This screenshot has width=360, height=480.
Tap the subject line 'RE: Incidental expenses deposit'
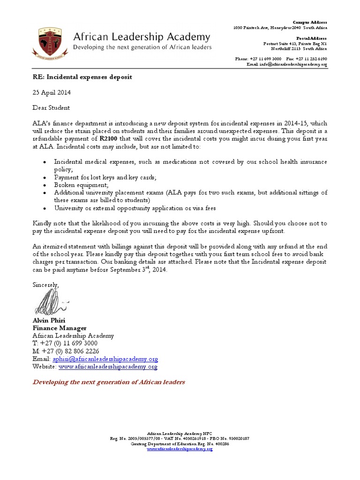coord(82,76)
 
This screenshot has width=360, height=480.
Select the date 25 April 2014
coord(52,92)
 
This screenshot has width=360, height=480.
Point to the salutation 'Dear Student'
coord(51,107)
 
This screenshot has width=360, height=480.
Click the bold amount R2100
coord(108,139)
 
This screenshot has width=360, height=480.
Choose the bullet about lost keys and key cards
coord(105,177)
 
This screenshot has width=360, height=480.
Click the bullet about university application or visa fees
coord(135,208)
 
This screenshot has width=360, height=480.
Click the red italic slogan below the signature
coord(108,382)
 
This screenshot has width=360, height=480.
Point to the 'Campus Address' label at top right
coord(310,22)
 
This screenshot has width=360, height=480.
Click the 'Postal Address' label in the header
coord(312,37)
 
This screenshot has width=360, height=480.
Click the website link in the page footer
coord(180,449)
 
